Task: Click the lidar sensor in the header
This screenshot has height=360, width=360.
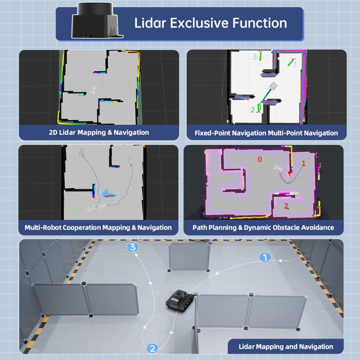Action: tap(97, 20)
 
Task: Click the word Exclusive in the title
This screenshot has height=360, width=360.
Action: tap(199, 23)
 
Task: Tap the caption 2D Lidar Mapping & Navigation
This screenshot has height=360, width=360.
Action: tap(99, 132)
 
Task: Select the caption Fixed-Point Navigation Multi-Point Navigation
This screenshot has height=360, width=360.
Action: tap(266, 133)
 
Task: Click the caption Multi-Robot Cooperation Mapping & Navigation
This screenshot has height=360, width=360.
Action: tap(98, 228)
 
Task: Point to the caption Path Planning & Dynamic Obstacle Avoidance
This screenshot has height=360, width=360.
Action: tap(264, 228)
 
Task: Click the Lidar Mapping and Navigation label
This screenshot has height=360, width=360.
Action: tap(286, 347)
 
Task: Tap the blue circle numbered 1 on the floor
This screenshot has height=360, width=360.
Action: tap(265, 257)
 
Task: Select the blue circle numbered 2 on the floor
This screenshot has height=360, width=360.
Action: tap(152, 348)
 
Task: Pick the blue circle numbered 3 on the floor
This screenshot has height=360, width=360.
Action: tap(132, 247)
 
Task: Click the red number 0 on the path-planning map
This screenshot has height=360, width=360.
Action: tap(260, 159)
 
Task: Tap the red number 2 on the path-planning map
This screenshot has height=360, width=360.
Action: tap(286, 206)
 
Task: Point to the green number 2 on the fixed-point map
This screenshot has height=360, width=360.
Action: tap(252, 110)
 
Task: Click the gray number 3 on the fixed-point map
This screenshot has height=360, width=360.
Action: tap(255, 57)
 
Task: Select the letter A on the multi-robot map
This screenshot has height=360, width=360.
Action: tap(82, 152)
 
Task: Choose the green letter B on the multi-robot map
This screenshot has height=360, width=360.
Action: tap(75, 212)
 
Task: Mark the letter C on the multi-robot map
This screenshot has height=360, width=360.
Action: tap(131, 160)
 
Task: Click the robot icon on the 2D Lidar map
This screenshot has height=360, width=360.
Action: tap(94, 90)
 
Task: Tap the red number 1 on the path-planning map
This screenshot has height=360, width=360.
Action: tap(303, 164)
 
